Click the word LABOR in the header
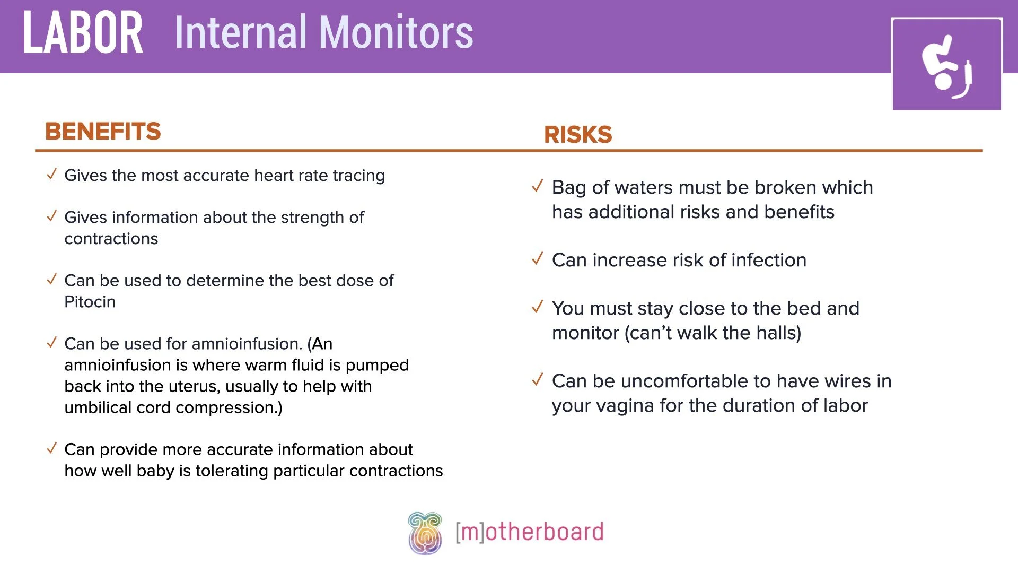click(83, 33)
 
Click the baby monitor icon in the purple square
click(946, 65)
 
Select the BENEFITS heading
click(103, 131)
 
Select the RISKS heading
click(578, 134)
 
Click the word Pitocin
click(90, 302)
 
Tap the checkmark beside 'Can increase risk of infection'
click(538, 259)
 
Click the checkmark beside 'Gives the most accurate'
click(51, 174)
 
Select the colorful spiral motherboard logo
click(425, 533)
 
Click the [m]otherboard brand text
click(529, 532)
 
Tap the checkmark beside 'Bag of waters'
click(538, 186)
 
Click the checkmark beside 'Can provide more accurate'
click(51, 448)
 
